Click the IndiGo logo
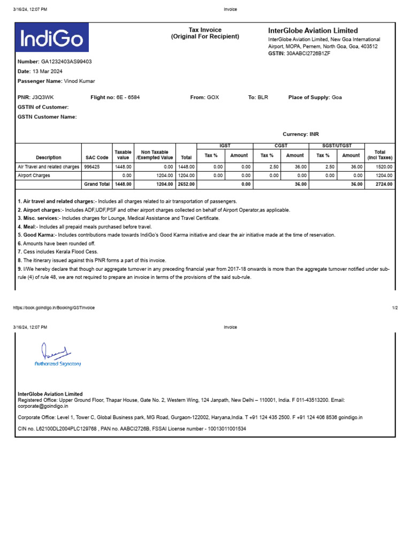[52, 39]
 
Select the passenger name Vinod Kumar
[79, 81]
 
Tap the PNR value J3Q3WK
[43, 97]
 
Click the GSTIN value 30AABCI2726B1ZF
[308, 54]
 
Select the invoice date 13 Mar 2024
[47, 71]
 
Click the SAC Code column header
[97, 158]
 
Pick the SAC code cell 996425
[93, 167]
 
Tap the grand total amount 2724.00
[384, 184]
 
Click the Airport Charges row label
[34, 175]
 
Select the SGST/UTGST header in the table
[337, 146]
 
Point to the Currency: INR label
[300, 134]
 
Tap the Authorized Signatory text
[58, 364]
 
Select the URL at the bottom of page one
[54, 308]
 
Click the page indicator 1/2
[395, 308]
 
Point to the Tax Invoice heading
[205, 30]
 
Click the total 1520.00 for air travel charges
[384, 167]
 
